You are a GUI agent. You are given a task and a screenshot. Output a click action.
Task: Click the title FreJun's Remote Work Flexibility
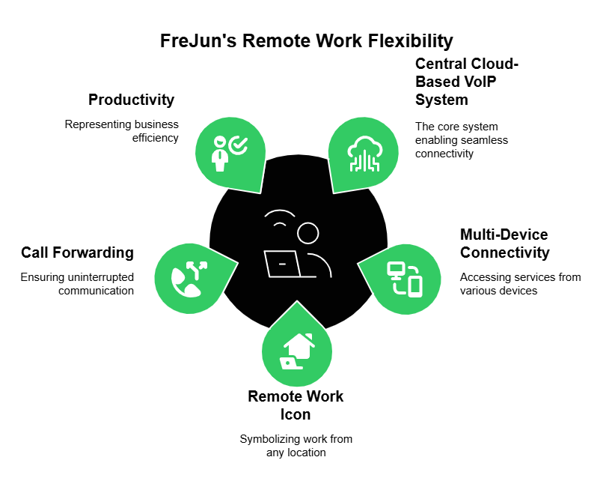[x=306, y=40]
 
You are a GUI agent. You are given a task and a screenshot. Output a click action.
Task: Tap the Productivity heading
[x=131, y=100]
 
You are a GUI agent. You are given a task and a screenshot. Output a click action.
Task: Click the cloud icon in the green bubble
[x=364, y=151]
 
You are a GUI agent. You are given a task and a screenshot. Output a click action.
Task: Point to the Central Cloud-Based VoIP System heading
[x=467, y=82]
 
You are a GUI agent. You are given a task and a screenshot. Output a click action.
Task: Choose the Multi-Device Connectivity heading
[x=504, y=244]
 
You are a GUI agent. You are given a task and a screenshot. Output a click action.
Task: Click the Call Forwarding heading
[x=77, y=252]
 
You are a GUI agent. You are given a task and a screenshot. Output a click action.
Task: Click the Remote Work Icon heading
[x=296, y=405]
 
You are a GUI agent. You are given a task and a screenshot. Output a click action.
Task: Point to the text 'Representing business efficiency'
[x=121, y=131]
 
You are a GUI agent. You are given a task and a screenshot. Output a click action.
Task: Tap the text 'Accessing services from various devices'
[x=520, y=284]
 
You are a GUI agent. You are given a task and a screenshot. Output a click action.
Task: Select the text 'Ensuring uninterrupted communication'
[x=77, y=284]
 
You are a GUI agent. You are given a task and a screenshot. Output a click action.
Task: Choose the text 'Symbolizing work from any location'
[x=296, y=446]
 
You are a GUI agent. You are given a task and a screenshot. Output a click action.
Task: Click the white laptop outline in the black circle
[x=282, y=264]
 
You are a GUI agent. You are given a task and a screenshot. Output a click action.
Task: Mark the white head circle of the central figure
[x=307, y=233]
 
